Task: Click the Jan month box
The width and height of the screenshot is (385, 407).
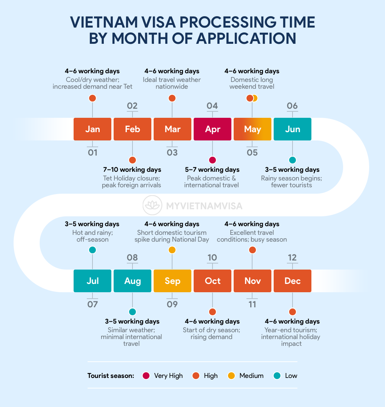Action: click(92, 129)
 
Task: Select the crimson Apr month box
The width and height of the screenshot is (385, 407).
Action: click(213, 129)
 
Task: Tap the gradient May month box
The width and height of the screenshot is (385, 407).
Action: click(253, 129)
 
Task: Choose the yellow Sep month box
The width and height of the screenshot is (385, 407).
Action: click(172, 281)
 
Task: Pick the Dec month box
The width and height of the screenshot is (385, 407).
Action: click(293, 281)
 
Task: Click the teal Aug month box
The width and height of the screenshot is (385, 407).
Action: click(132, 281)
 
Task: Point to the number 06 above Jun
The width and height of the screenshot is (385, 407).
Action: click(292, 106)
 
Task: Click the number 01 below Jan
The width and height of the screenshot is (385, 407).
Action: click(92, 153)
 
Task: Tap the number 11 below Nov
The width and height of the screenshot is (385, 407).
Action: click(253, 304)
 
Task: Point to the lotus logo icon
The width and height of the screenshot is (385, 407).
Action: click(153, 206)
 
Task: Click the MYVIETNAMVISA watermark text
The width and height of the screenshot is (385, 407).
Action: click(204, 206)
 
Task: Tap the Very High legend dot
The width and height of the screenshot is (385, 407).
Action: click(146, 376)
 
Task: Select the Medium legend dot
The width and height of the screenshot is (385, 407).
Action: click(232, 376)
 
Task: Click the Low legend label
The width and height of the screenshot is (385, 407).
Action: click(291, 376)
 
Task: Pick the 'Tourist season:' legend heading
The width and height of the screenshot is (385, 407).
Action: click(111, 376)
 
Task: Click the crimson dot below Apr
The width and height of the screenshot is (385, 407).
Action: click(213, 160)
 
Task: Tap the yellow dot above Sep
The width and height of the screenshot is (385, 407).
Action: click(172, 250)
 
